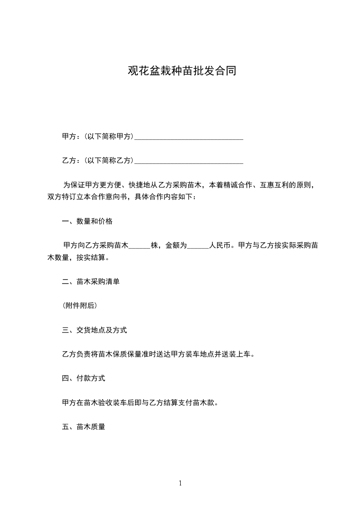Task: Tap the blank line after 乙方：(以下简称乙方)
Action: click(x=189, y=160)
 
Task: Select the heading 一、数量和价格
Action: click(x=87, y=221)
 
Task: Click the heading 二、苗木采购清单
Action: click(x=91, y=281)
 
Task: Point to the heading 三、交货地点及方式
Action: click(x=94, y=330)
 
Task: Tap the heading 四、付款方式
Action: click(x=84, y=378)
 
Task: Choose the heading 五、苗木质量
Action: click(x=84, y=426)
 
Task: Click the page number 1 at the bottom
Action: click(x=180, y=483)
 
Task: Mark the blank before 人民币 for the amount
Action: click(x=198, y=246)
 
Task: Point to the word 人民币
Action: click(x=220, y=245)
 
